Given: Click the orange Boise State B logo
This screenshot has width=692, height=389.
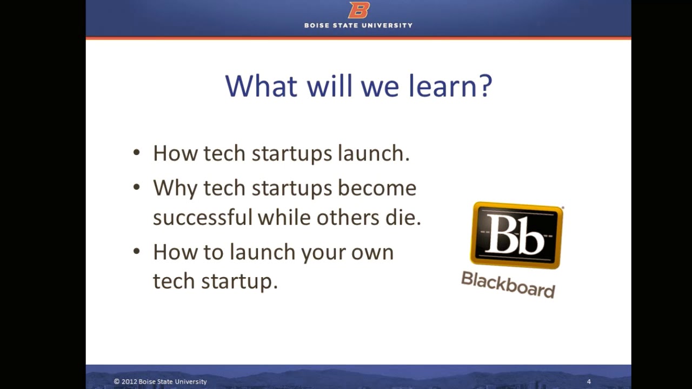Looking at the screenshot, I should (358, 10).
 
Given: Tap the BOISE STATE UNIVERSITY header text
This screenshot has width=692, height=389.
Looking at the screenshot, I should (358, 25).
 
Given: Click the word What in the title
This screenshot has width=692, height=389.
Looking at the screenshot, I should (261, 86).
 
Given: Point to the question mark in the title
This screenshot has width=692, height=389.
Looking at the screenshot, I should (484, 86).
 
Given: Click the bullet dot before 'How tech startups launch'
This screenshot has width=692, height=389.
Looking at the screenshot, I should (136, 153).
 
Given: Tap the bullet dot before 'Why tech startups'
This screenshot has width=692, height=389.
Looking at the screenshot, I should (136, 188).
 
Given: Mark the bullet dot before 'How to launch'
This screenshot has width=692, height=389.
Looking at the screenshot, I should (136, 252).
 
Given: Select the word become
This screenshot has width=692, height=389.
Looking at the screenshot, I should (377, 188).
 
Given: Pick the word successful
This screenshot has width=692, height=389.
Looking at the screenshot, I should (203, 217).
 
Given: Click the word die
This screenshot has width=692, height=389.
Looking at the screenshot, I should (404, 217).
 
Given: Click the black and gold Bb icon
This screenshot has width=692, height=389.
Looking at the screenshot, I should (516, 236).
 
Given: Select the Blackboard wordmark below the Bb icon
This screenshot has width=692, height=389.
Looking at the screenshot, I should (508, 284).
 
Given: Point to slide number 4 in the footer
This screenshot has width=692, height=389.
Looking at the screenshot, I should (589, 381).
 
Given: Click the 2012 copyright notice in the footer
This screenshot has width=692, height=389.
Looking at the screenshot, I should (161, 381).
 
